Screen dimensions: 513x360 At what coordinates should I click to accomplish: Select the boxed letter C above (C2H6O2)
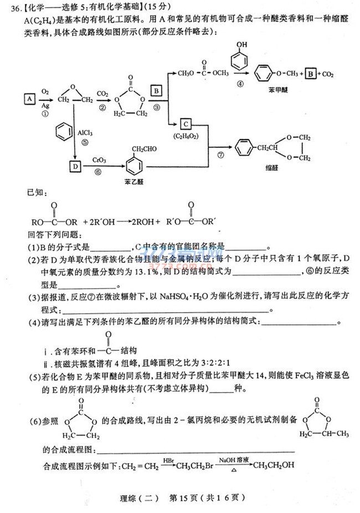click(x=186, y=124)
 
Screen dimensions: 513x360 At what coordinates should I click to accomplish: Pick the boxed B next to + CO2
click(x=312, y=73)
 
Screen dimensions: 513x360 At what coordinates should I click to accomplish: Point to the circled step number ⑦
click(x=221, y=155)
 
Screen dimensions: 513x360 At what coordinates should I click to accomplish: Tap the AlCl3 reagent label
click(x=86, y=133)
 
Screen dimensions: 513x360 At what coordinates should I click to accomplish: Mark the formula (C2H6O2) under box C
click(x=186, y=135)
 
